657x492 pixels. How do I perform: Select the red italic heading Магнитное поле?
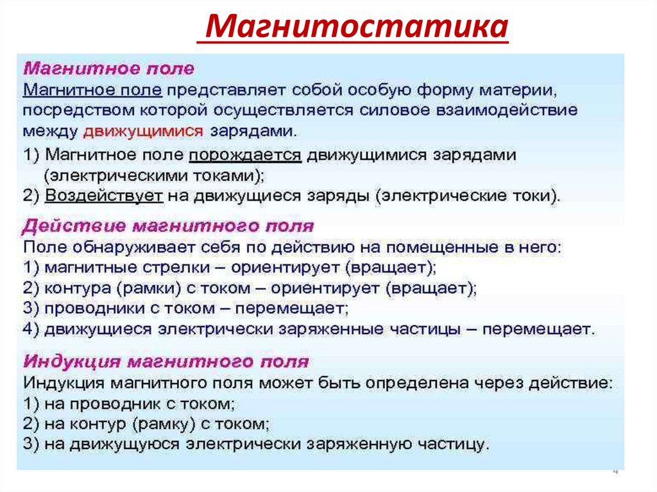(109, 68)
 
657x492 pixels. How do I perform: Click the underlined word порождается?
(245, 156)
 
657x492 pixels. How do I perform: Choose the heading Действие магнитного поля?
(169, 226)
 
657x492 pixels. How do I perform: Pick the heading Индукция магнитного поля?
(166, 362)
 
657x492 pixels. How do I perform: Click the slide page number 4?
(615, 472)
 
